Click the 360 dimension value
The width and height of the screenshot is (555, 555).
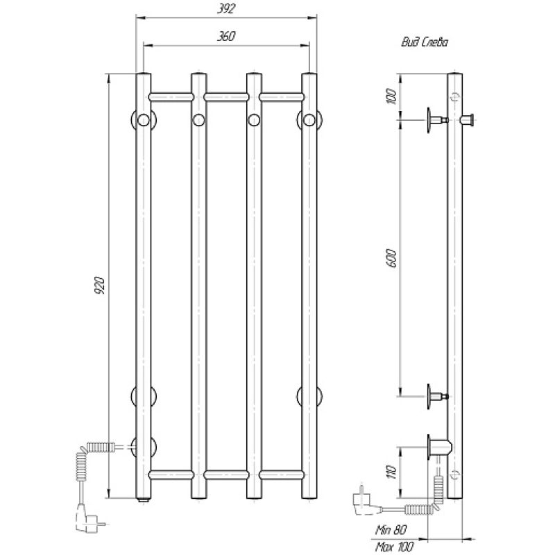[223, 37]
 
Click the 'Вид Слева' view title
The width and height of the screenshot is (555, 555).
[424, 42]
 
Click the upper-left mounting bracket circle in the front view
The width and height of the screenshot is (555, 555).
[142, 120]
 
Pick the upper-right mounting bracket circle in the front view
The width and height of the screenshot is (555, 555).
[309, 120]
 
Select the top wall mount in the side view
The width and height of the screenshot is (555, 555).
[437, 120]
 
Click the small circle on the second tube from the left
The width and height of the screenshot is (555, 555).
[198, 120]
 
